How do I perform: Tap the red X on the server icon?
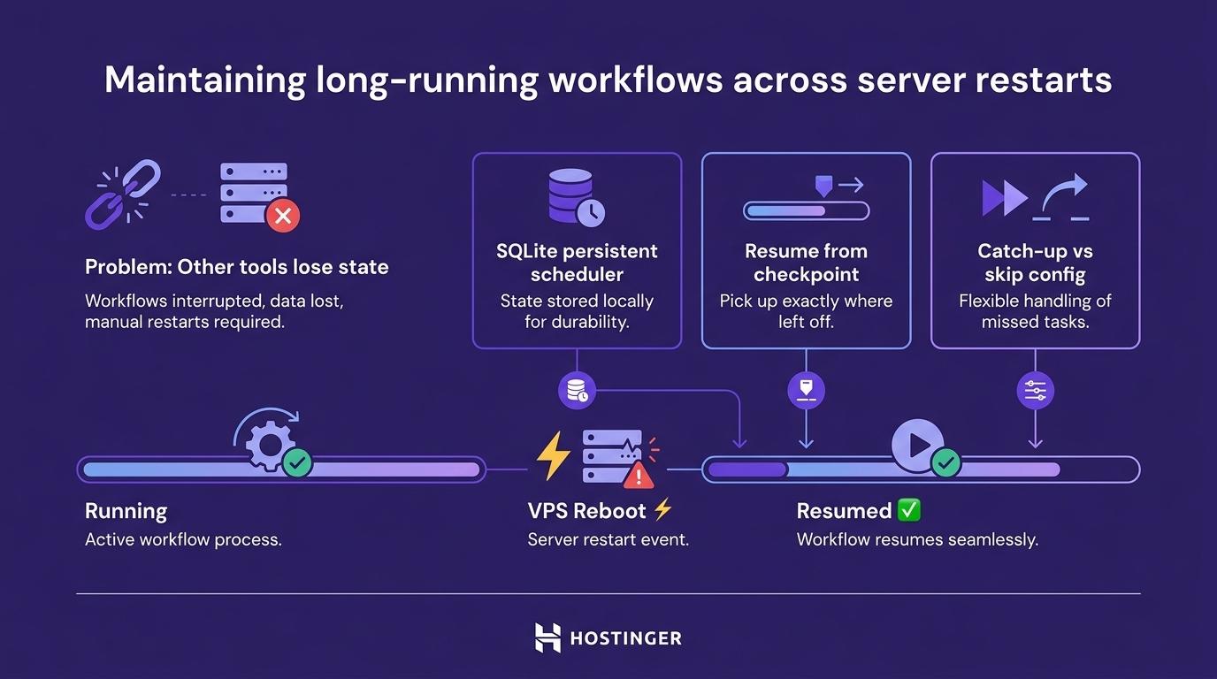point(283,215)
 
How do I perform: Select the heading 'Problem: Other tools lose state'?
point(236,267)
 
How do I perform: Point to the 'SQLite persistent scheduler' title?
point(577,263)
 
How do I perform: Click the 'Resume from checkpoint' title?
point(806,263)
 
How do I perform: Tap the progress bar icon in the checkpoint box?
point(806,211)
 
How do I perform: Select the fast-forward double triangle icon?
point(1005,197)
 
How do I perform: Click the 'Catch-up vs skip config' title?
point(1035,263)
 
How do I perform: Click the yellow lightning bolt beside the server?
point(554,456)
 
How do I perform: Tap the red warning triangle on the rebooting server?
point(639,476)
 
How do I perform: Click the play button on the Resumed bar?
point(916,445)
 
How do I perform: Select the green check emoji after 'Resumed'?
point(909,510)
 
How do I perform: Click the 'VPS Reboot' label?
point(587,511)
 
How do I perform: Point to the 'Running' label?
point(126,511)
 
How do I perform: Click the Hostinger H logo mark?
point(547,637)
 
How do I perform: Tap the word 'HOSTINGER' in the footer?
point(626,638)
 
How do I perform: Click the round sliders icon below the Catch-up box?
point(1035,390)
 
